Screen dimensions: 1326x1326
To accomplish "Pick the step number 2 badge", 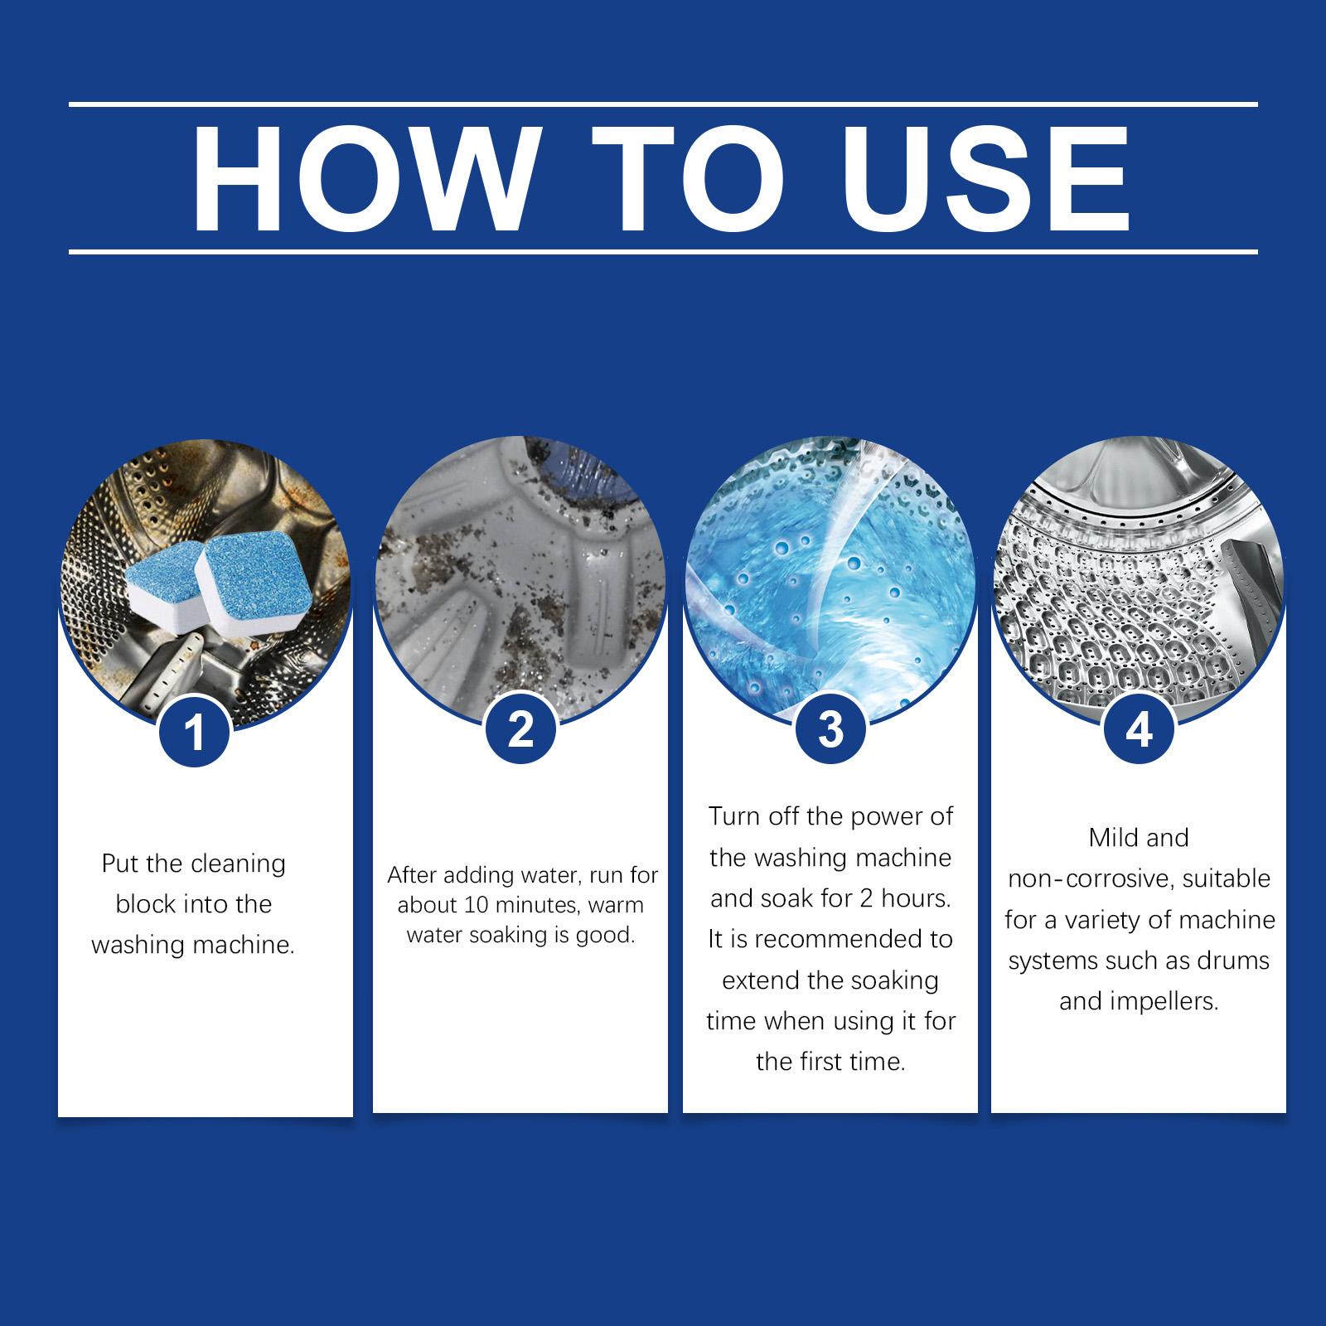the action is point(520,729).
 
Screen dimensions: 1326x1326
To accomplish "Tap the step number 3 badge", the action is point(830,729).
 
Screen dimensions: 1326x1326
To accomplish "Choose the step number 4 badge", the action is point(1140,729).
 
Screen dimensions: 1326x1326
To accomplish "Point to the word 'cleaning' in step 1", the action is point(239,864).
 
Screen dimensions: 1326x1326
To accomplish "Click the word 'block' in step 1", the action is point(147,904).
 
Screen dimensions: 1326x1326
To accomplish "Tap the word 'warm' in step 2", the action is point(616,906).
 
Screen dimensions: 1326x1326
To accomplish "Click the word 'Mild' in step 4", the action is point(1110,838).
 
